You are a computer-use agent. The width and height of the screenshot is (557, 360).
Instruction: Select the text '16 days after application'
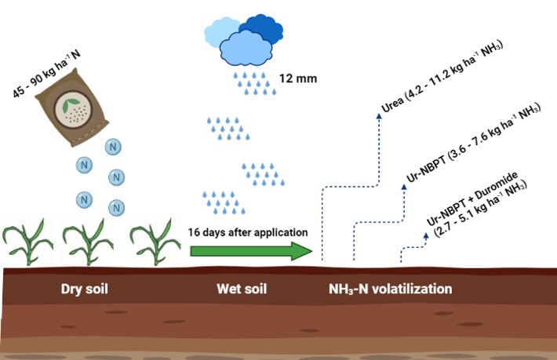click(x=247, y=232)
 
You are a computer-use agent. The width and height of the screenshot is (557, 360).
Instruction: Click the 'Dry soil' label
click(x=84, y=289)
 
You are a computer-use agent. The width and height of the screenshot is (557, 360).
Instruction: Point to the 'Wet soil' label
click(x=242, y=289)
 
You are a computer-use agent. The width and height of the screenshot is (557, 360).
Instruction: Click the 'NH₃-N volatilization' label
click(x=391, y=289)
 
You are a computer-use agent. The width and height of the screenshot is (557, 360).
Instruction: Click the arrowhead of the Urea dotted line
click(x=379, y=115)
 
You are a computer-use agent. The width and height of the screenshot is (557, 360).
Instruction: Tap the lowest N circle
click(x=117, y=207)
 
